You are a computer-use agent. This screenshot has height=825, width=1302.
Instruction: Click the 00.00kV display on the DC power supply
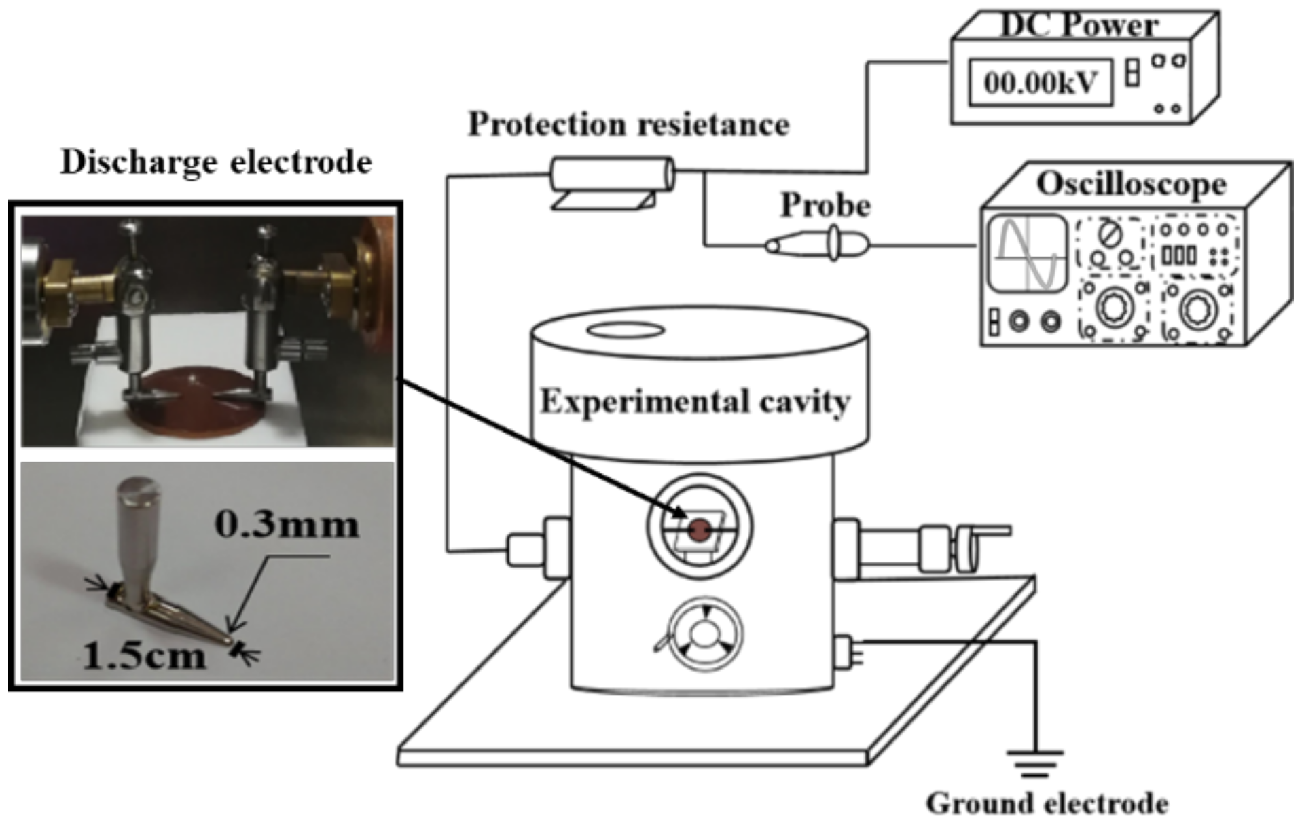pos(1040,83)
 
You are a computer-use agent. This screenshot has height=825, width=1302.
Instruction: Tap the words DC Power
pos(1079,25)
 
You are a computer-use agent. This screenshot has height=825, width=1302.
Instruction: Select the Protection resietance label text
pos(628,125)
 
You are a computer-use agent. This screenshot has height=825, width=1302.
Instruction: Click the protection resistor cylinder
pos(611,174)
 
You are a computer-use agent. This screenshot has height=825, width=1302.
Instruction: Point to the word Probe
pos(825,206)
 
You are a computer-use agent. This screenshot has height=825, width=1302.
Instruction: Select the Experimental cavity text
pos(694,402)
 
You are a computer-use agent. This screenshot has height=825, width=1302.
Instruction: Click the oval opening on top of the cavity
pos(625,331)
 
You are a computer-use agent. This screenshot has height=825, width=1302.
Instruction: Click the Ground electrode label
pos(1047,804)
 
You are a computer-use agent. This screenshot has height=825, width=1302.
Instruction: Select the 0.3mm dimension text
pos(287,525)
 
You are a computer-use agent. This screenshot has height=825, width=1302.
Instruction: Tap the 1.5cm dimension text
pos(144,656)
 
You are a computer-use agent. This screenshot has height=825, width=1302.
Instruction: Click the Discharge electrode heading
pos(216,162)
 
